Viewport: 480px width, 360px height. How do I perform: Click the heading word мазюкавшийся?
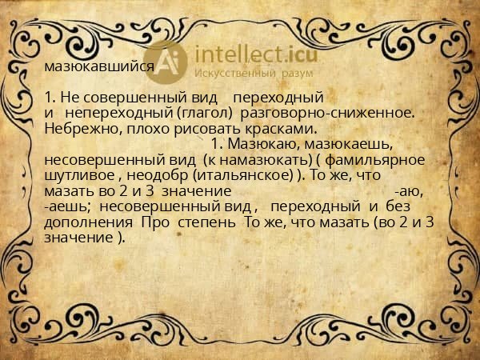[99, 67]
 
